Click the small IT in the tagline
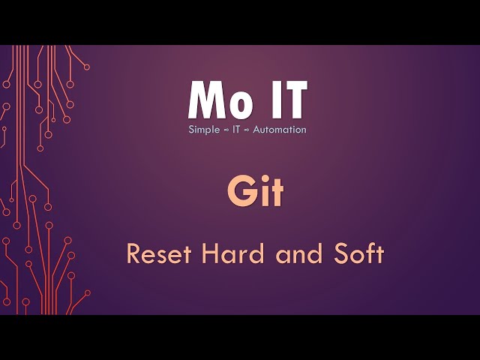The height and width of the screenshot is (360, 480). coord(237,130)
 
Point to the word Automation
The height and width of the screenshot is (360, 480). coord(279,130)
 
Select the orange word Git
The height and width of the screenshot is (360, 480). coord(256,193)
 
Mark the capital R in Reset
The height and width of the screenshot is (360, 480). coord(133,254)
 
